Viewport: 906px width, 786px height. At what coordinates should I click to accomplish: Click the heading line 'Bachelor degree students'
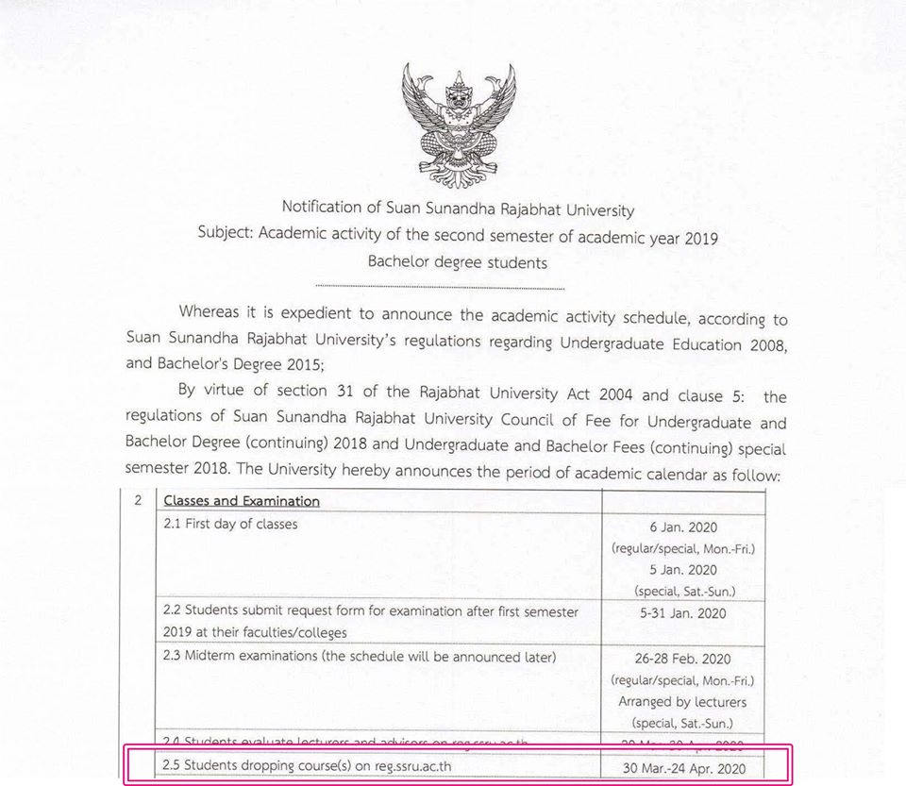(458, 262)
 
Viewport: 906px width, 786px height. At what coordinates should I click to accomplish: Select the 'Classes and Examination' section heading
(242, 501)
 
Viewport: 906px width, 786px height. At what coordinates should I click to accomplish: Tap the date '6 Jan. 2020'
(683, 529)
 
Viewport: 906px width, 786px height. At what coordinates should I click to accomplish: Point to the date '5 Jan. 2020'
(683, 570)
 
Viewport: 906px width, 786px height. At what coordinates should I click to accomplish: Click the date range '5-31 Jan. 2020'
(683, 612)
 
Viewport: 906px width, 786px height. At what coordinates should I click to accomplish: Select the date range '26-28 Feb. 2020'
(683, 659)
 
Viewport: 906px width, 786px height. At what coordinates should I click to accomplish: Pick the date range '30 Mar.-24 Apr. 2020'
(683, 768)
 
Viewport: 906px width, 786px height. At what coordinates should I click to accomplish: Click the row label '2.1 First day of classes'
(231, 525)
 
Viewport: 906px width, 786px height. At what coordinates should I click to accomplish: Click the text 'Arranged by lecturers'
(683, 701)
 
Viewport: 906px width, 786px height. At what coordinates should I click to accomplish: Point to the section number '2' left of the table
(139, 500)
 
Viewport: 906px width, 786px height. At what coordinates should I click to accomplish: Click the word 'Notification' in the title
(322, 208)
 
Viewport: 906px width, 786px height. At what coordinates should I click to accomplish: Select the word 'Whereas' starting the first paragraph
(212, 312)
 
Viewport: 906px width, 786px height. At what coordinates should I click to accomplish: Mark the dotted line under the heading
(440, 287)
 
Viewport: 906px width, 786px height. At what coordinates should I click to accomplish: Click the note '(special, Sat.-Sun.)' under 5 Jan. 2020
(683, 591)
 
